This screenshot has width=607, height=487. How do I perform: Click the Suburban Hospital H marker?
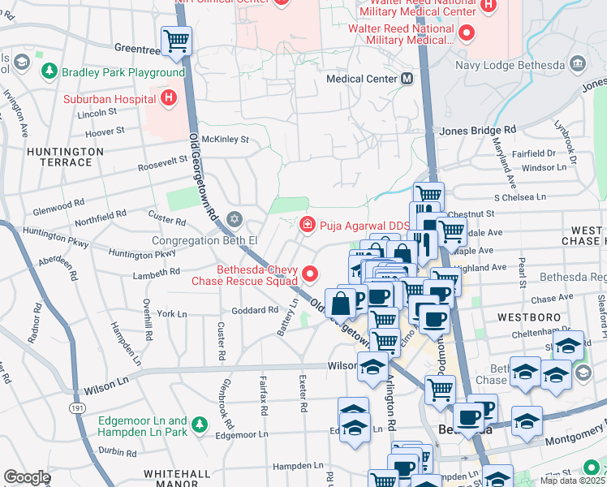pos(168,99)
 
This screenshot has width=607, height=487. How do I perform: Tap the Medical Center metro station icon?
pos(407,79)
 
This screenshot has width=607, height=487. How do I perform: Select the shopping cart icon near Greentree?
pos(176,41)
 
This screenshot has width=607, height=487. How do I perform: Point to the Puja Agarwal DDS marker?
pos(307,224)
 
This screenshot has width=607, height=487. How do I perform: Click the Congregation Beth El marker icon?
pos(235,219)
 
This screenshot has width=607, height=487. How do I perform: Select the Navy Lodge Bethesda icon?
pos(577,64)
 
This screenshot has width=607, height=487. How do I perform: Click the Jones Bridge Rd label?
pos(477,130)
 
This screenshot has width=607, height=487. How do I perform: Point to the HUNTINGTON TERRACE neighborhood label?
pos(65,157)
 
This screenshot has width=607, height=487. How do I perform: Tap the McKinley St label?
pos(225,140)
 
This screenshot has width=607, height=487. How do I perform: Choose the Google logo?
pos(27,477)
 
